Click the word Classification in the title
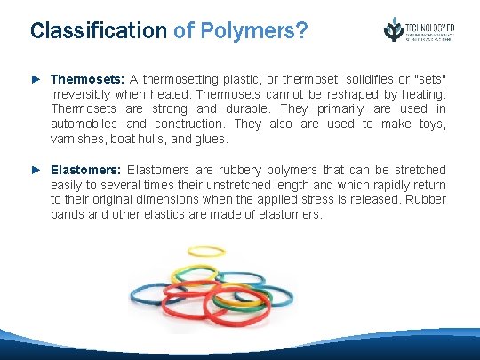98,31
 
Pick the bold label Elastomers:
87,169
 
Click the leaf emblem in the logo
392,29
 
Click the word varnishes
76,139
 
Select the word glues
212,139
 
